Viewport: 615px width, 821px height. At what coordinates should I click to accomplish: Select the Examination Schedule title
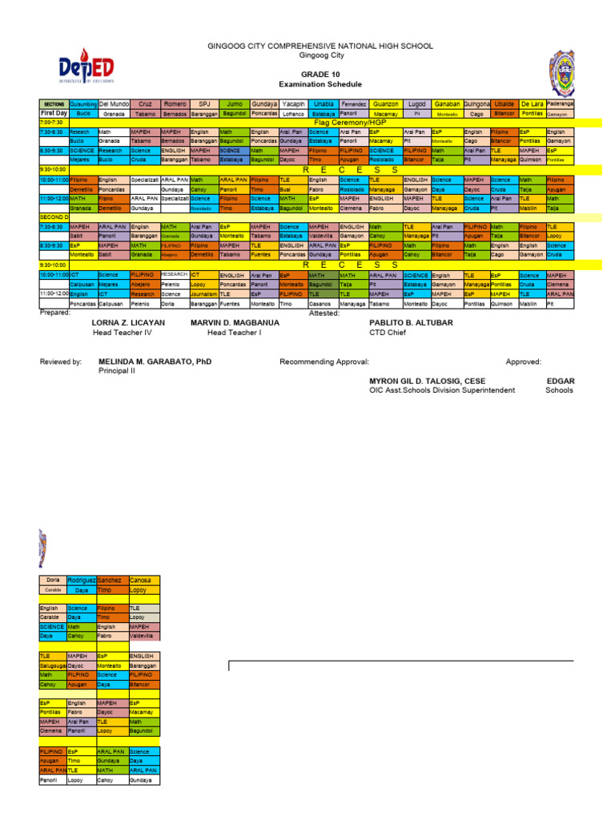coord(320,84)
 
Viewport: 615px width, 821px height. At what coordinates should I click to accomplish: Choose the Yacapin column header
coord(293,104)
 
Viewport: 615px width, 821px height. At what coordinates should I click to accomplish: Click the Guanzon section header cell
coord(386,104)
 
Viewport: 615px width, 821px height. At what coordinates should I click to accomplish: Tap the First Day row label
coord(54,114)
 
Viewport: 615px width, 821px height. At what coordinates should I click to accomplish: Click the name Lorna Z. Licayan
coord(129,322)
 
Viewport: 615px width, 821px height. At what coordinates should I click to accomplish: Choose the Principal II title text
coord(119,372)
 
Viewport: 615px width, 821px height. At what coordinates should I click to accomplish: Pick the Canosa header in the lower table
coord(141,580)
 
